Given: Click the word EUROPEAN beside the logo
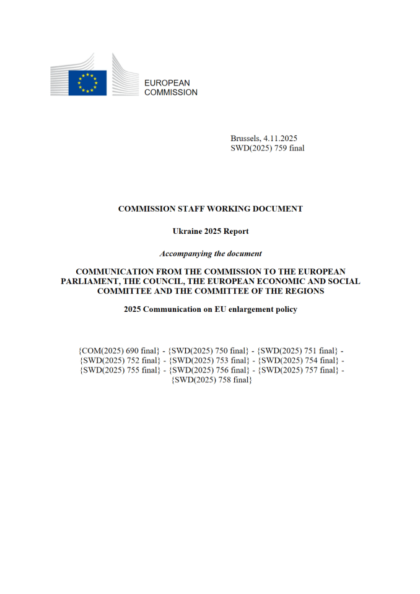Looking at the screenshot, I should pyautogui.click(x=167, y=83).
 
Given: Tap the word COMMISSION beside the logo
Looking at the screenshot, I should pyautogui.click(x=171, y=93).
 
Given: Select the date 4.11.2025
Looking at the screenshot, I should pyautogui.click(x=286, y=138).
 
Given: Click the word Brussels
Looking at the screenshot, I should pyautogui.click(x=247, y=138).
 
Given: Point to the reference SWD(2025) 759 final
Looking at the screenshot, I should pyautogui.click(x=267, y=148).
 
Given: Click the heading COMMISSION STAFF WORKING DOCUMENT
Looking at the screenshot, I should pyautogui.click(x=210, y=209).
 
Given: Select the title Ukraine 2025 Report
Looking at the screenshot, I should pyautogui.click(x=210, y=231).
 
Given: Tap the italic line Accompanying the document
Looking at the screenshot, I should pyautogui.click(x=210, y=254).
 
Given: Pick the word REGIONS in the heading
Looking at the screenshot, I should pyautogui.click(x=300, y=290).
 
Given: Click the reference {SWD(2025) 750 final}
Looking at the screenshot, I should pyautogui.click(x=209, y=351).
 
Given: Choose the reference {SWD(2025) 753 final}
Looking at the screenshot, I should pyautogui.click(x=209, y=360).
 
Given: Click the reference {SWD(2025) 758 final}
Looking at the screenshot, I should pyautogui.click(x=211, y=380).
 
